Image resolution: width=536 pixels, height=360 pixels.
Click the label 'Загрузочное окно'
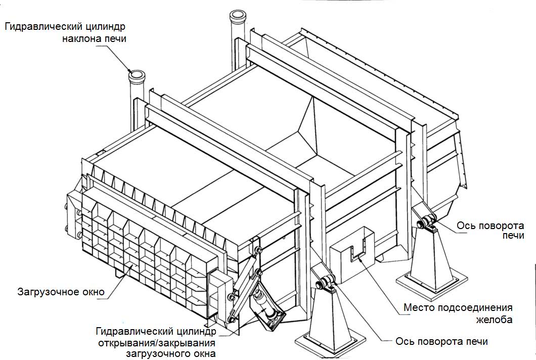click(x=61, y=292)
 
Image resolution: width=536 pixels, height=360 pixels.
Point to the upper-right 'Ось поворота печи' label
click(x=490, y=231)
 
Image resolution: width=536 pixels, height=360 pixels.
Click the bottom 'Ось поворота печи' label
click(x=442, y=342)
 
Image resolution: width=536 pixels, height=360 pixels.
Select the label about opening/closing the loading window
click(x=156, y=342)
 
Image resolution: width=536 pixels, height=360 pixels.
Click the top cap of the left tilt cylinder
click(x=137, y=76)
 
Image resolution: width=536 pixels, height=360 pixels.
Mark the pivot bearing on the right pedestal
click(x=426, y=221)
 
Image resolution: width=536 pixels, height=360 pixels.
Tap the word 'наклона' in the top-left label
click(x=81, y=38)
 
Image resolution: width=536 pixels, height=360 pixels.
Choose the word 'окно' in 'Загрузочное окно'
click(x=92, y=292)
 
